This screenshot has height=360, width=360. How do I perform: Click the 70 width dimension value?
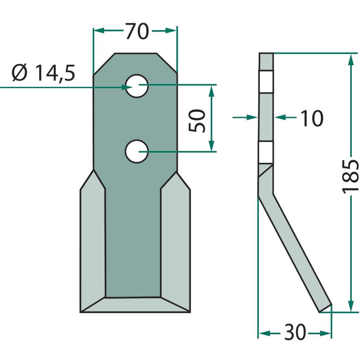pyautogui.click(x=137, y=31)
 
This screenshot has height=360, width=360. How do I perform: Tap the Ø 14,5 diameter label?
pyautogui.click(x=43, y=73)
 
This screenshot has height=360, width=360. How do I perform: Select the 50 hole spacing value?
pyautogui.click(x=197, y=121)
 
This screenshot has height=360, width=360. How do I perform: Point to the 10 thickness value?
pyautogui.click(x=311, y=118)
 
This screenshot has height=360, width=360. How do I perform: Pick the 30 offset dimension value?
pyautogui.click(x=295, y=332)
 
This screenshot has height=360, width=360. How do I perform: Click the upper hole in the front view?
pyautogui.click(x=137, y=86)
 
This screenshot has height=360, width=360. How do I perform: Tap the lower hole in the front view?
pyautogui.click(x=137, y=152)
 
